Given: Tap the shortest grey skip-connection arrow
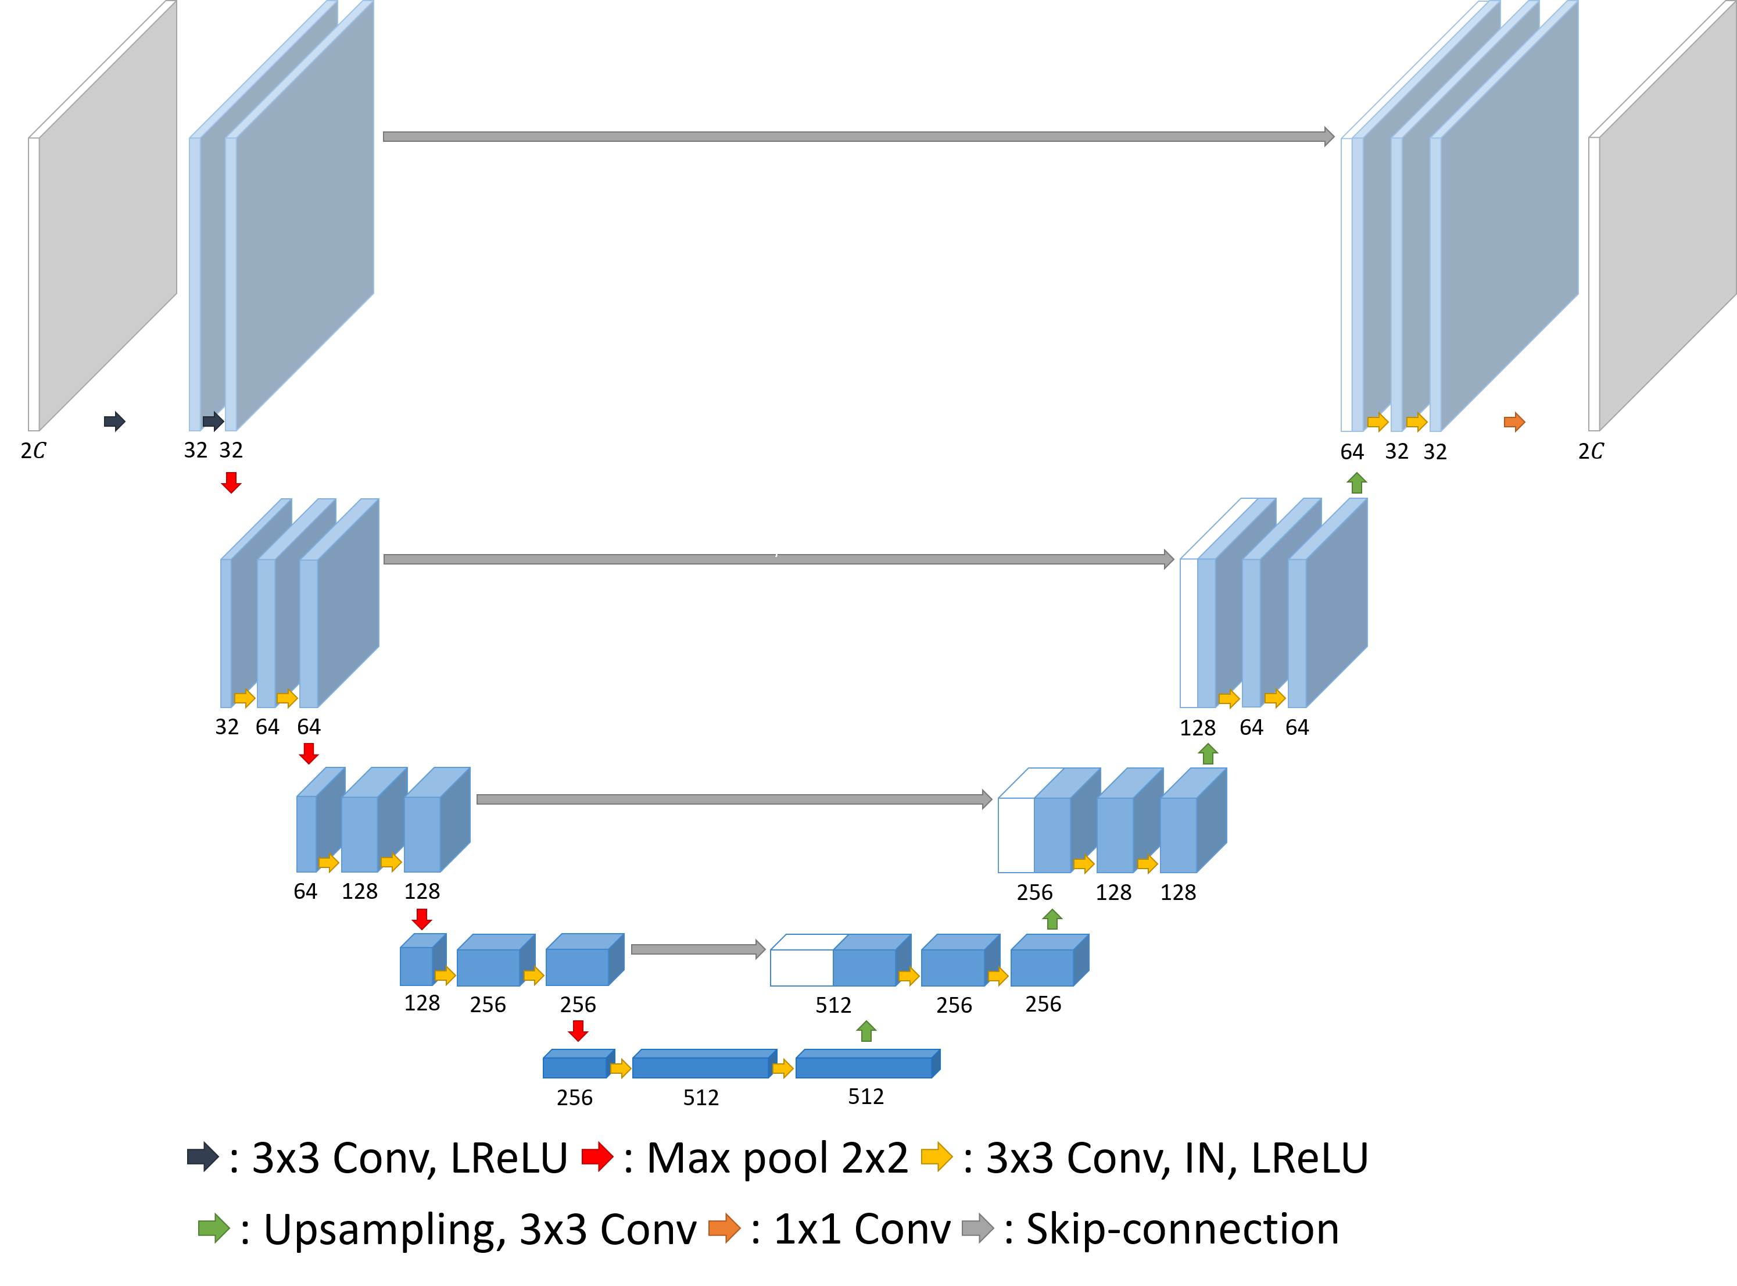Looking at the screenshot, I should (x=697, y=949).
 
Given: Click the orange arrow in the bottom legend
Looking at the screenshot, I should (x=724, y=1228).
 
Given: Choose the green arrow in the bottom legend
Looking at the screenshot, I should (x=214, y=1228).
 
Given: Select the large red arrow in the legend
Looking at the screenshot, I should (x=597, y=1156).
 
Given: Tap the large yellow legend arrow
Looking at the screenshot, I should (x=937, y=1156).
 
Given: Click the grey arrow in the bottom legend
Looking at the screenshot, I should (x=977, y=1228).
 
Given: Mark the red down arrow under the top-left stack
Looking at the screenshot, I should (x=231, y=483).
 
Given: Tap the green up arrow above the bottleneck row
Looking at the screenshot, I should (x=866, y=1031).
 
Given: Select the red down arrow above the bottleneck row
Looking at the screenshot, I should (x=578, y=1031).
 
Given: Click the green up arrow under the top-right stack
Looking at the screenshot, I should (x=1356, y=483).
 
